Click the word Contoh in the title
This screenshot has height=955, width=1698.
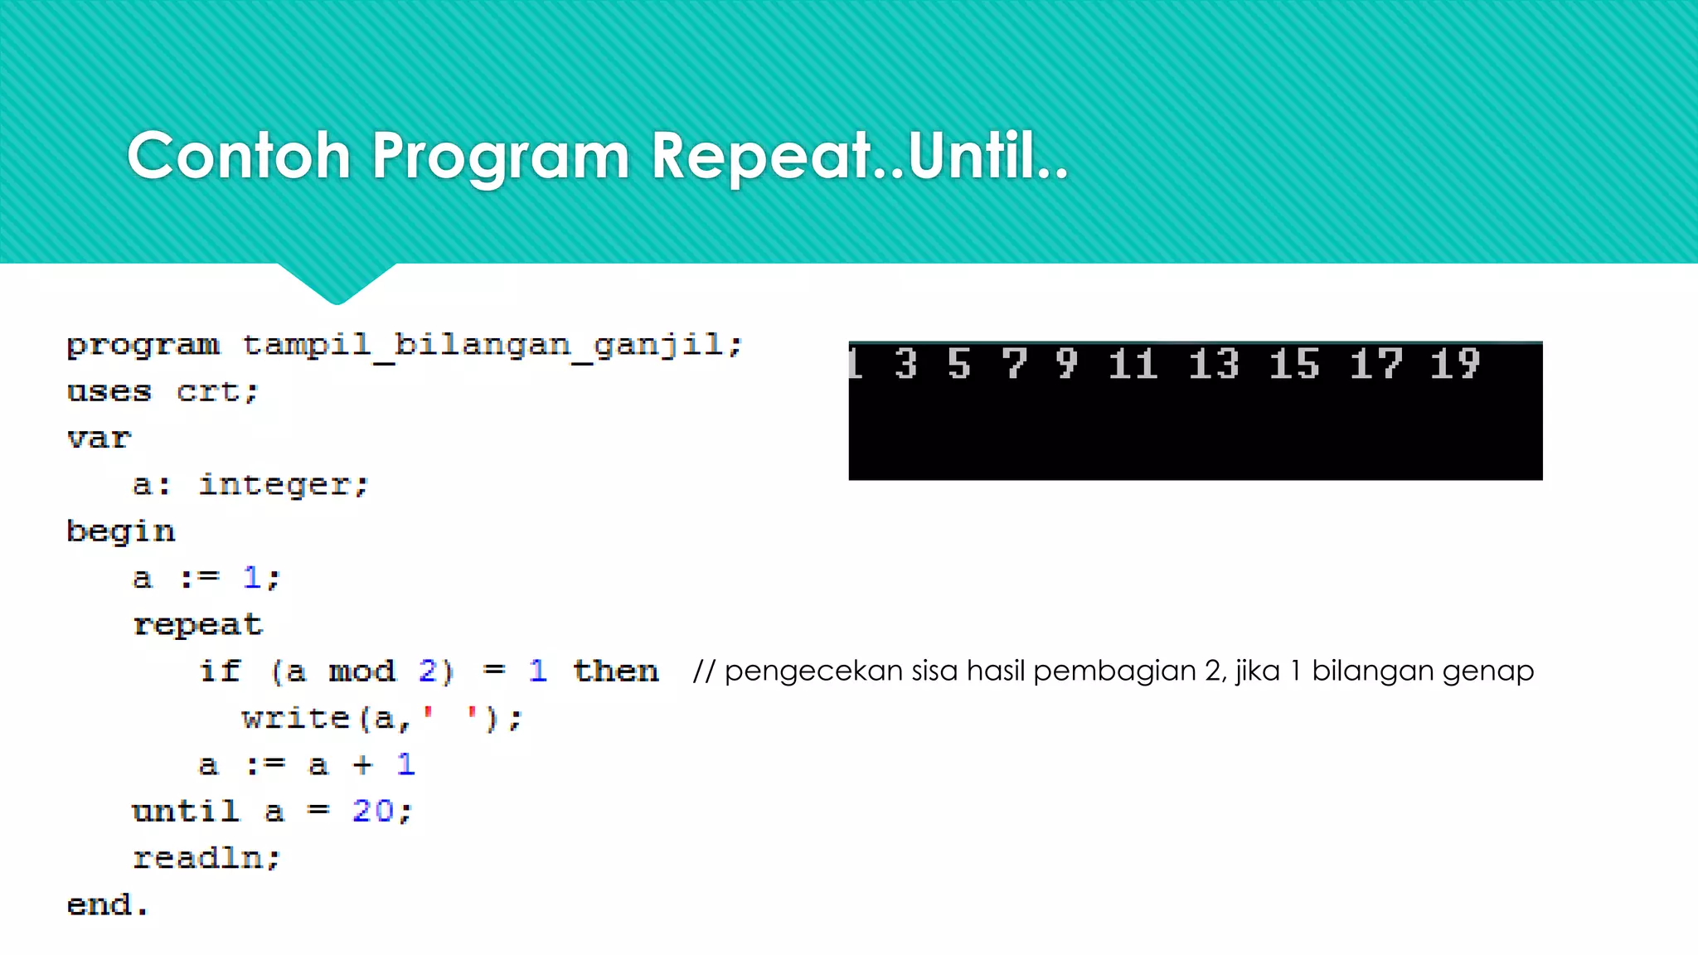click(x=239, y=156)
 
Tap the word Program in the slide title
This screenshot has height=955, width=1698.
click(x=500, y=156)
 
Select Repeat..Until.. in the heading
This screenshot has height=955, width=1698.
click(x=860, y=156)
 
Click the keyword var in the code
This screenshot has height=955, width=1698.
click(x=99, y=438)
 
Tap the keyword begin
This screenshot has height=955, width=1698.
click(x=121, y=531)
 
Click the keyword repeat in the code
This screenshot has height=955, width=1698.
click(x=198, y=624)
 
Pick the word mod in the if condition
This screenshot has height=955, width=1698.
click(x=362, y=671)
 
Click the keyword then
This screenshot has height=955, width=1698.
click(x=615, y=671)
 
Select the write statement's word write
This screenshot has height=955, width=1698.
click(x=296, y=718)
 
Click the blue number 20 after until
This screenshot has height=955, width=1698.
click(x=373, y=811)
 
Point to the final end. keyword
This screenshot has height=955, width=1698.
click(x=107, y=904)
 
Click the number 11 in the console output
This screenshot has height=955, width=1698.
click(x=1133, y=364)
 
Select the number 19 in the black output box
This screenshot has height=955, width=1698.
click(x=1455, y=364)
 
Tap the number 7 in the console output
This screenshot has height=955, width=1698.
click(x=1014, y=364)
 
